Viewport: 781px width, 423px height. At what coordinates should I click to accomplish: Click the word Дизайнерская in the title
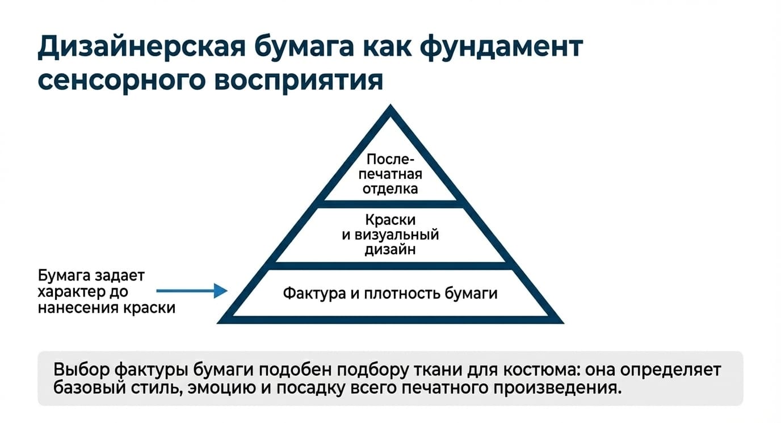[142, 47]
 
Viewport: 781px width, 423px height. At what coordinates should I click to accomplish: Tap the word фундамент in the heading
[501, 47]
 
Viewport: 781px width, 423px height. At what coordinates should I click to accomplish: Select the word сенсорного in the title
[121, 81]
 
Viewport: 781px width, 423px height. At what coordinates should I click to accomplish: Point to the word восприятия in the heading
[299, 81]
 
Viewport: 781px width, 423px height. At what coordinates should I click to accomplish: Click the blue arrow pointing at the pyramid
[192, 291]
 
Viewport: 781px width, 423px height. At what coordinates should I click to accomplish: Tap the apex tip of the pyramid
[390, 104]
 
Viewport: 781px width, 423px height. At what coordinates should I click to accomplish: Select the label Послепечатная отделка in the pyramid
[390, 174]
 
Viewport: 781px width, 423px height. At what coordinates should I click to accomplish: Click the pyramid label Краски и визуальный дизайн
[390, 234]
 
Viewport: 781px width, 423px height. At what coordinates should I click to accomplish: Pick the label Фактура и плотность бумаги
[390, 294]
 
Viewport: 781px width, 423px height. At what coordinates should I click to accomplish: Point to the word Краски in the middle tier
[390, 220]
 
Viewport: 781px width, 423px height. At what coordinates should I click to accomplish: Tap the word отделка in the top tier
[390, 189]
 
